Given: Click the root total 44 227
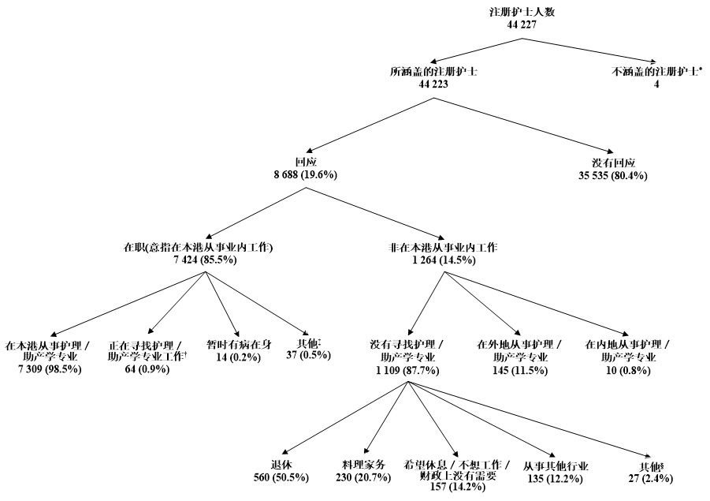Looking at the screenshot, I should pyautogui.click(x=526, y=25).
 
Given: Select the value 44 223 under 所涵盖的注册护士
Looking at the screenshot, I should pyautogui.click(x=433, y=84).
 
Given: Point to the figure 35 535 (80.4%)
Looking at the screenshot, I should pyautogui.click(x=612, y=175).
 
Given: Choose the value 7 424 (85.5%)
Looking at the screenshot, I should pyautogui.click(x=199, y=259).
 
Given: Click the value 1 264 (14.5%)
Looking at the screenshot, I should pyautogui.click(x=443, y=259).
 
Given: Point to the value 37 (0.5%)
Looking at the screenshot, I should pyautogui.click(x=308, y=356).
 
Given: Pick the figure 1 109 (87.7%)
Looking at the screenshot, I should pyautogui.click(x=407, y=368).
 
